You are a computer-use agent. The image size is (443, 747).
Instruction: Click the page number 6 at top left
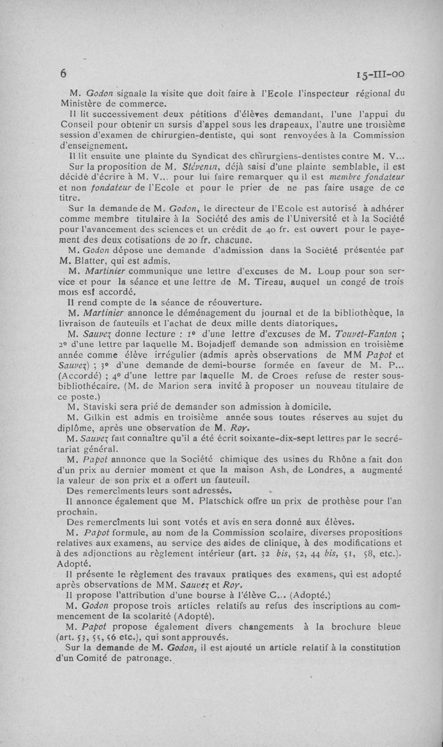64,74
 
